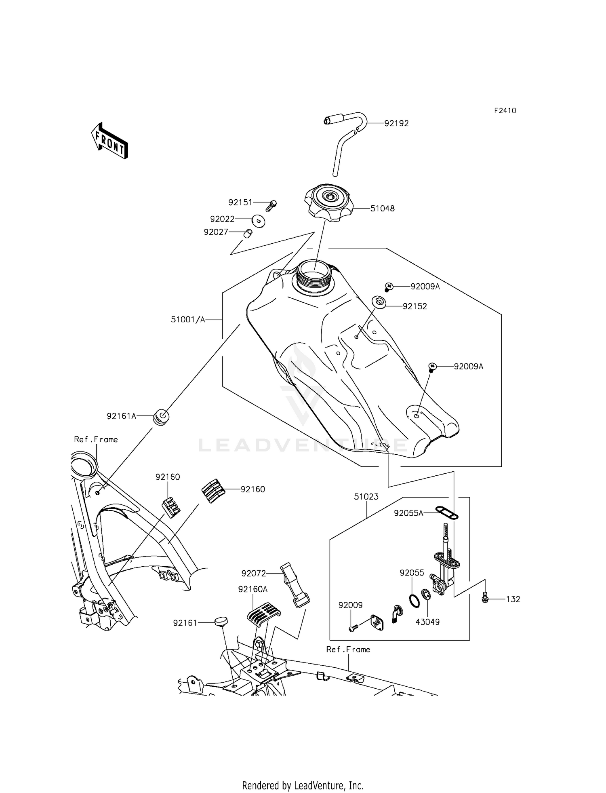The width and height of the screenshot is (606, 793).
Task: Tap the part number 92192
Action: (x=396, y=123)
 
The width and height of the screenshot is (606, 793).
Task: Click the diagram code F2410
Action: (x=505, y=111)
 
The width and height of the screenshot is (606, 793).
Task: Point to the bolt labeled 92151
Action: (x=271, y=206)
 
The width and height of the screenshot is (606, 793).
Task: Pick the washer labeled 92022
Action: (x=258, y=221)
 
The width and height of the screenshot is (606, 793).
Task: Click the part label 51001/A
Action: (x=188, y=319)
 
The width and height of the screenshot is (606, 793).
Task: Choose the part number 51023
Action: (x=366, y=497)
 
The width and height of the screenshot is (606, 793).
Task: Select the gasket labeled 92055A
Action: (x=446, y=513)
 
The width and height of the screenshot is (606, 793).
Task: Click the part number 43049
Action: (x=427, y=622)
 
